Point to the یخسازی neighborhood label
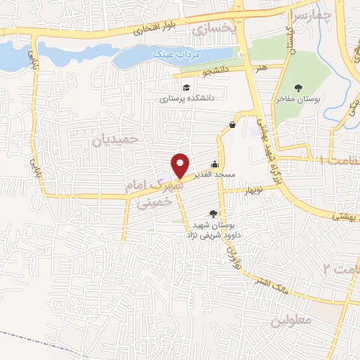pos(210,27)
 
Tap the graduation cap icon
pos(186,87)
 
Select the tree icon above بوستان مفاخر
pos(300,88)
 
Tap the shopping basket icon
pos(232,125)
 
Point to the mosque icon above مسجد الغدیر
pos(215,163)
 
